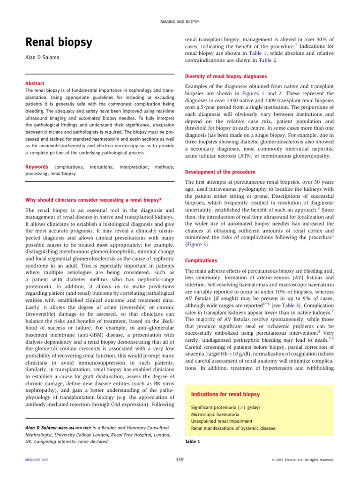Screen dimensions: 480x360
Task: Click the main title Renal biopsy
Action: click(x=59, y=43)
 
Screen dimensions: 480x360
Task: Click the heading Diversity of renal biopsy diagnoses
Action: click(x=226, y=76)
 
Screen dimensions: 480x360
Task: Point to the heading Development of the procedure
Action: click(x=220, y=172)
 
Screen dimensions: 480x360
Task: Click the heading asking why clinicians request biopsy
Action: click(x=94, y=200)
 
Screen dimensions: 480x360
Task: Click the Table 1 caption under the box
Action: click(x=193, y=442)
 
